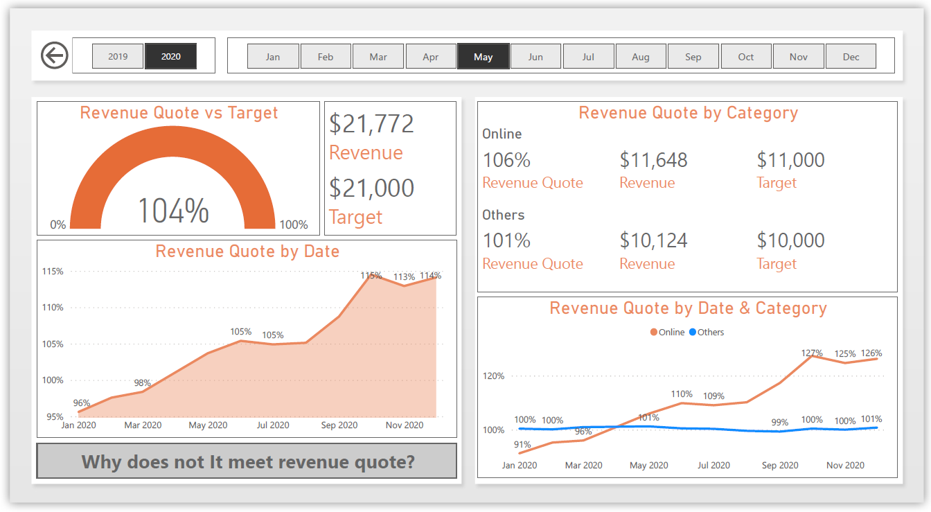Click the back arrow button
55,55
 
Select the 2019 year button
118,57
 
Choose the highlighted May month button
484,57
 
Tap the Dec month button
851,57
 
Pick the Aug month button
641,57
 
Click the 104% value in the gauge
173,211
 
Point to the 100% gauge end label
293,224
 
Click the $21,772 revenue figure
371,124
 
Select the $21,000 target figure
371,188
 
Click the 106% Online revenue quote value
506,160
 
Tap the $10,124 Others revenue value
653,241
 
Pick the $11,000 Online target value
790,160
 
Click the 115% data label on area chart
371,275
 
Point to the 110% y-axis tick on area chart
53,308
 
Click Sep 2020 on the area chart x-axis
339,425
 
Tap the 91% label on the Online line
522,445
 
